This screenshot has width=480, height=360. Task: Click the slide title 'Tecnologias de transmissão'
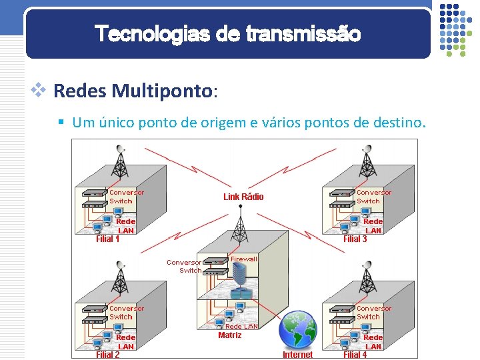click(227, 33)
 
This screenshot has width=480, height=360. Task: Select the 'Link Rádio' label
click(243, 197)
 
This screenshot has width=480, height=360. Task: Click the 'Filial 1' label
click(108, 239)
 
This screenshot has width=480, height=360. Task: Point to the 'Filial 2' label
click(108, 355)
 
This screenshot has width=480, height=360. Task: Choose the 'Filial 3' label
click(355, 239)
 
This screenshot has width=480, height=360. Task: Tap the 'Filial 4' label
click(355, 355)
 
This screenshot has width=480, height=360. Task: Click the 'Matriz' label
click(230, 335)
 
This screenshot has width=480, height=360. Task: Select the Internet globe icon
click(297, 329)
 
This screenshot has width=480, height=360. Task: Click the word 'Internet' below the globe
click(297, 355)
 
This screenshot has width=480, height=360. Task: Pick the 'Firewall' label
click(243, 259)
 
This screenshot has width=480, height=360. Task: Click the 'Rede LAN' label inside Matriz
click(241, 326)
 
